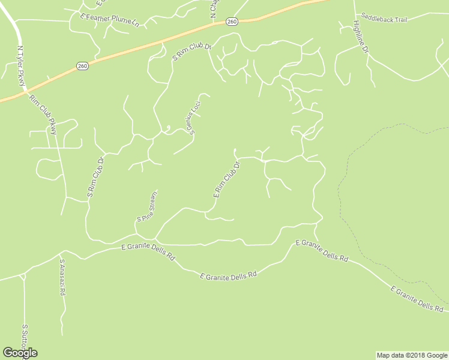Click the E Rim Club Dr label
click(226, 179)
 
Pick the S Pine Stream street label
click(147, 207)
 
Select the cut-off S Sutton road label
click(25, 340)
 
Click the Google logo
click(20, 353)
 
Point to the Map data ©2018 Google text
click(411, 355)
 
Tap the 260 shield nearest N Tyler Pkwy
click(83, 66)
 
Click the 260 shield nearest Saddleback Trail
click(232, 22)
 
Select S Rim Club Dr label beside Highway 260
click(192, 51)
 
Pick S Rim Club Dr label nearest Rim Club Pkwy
click(96, 177)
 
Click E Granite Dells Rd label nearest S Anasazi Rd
click(148, 251)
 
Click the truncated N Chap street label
click(213, 8)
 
